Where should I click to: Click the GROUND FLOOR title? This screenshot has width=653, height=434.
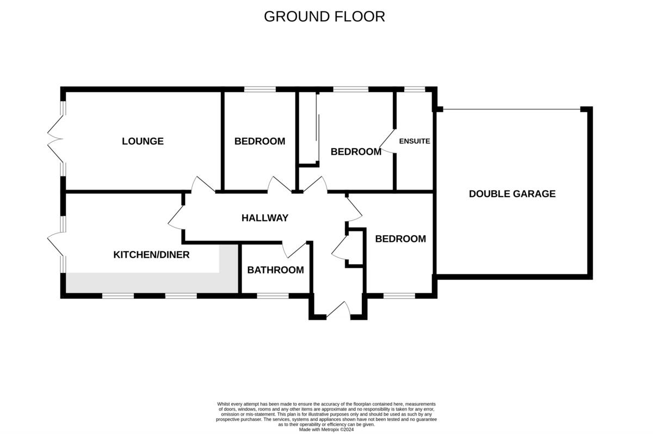point(324,16)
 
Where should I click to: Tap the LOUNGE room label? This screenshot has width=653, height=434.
point(143,142)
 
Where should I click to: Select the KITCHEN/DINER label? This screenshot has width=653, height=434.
point(151,254)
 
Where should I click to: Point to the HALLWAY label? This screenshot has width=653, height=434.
point(264,218)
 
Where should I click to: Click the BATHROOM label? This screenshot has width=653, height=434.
point(275,270)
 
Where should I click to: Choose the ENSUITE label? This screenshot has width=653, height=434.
point(415,141)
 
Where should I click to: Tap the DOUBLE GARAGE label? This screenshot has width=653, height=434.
point(512,194)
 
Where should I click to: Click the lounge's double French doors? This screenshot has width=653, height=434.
point(56,139)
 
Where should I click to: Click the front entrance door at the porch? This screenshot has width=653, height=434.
point(338,309)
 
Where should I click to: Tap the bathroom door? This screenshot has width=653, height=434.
point(294,249)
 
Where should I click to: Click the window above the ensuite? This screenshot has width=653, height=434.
point(415,89)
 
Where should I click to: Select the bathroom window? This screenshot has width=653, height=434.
point(273,296)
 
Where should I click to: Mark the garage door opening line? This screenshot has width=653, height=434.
point(512,109)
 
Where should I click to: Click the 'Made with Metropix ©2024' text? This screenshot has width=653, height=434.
point(326,430)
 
